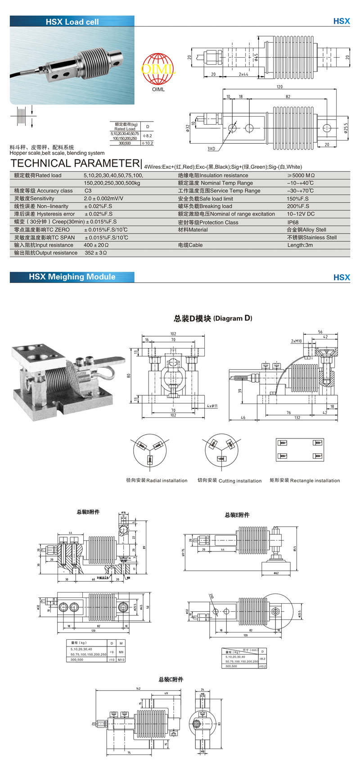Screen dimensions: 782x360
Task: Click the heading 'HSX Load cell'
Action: coord(72,22)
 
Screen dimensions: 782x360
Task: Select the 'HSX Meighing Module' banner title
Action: coord(72,277)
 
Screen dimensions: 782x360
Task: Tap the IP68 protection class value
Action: coord(293,222)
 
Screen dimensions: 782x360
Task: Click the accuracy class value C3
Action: coord(88,191)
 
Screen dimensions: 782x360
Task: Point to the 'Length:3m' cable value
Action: coord(300,245)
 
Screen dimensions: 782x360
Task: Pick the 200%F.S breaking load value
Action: coord(298,206)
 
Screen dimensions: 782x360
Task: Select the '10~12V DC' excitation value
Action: coord(301,214)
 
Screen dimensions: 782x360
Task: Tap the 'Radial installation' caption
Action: coord(157,481)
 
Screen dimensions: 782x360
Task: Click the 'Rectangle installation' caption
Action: coord(305,481)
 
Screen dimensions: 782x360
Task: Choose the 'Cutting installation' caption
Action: coord(229,481)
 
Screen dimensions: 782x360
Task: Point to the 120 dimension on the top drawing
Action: coord(279,87)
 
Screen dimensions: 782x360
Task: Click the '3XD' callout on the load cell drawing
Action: coord(211,149)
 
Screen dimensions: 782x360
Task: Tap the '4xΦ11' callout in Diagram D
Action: coord(212,406)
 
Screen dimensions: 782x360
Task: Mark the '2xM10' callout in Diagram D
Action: coord(296,341)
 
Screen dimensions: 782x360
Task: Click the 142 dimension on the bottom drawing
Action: coord(138,689)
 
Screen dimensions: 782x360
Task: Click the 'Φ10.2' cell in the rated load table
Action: coord(147,143)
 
